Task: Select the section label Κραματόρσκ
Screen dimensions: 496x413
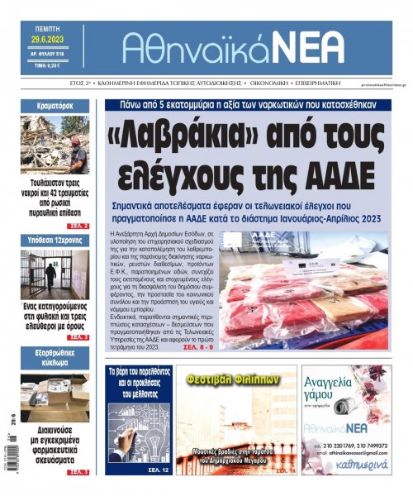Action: click(55, 107)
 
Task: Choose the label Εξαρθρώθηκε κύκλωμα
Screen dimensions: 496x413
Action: click(55, 361)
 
